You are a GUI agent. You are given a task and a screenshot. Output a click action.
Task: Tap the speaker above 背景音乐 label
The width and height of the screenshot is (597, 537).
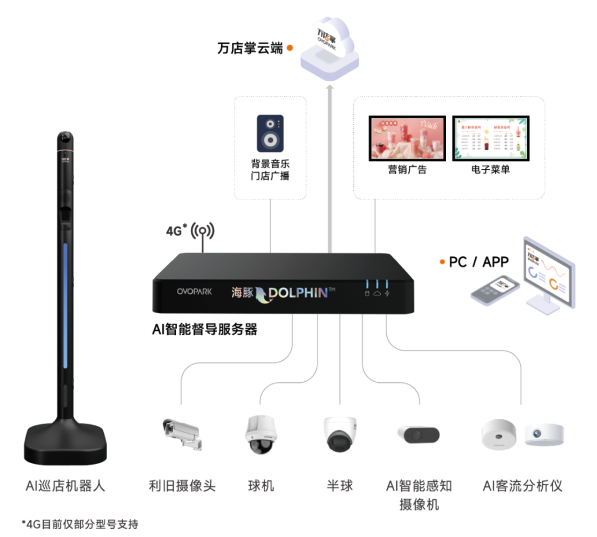tap(270, 133)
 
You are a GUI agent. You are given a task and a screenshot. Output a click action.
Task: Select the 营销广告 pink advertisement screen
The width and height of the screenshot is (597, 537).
tap(406, 138)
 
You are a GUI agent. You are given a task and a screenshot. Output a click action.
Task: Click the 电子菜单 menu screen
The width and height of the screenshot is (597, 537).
tap(490, 138)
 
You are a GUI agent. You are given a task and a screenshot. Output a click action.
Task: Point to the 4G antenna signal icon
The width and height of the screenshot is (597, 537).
tap(203, 231)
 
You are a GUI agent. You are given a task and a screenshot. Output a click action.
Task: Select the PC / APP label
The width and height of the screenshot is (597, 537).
tap(478, 262)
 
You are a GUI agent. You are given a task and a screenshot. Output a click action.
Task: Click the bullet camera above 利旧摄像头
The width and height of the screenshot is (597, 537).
tap(181, 432)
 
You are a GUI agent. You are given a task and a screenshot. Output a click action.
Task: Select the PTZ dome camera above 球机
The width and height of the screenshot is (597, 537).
tap(259, 434)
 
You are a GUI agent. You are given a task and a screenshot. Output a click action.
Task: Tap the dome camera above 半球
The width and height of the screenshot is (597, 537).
tap(339, 435)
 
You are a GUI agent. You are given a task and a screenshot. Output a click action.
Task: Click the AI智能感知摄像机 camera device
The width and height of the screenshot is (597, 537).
tap(418, 435)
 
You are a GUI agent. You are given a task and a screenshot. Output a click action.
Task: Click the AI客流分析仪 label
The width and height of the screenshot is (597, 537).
tap(522, 486)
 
